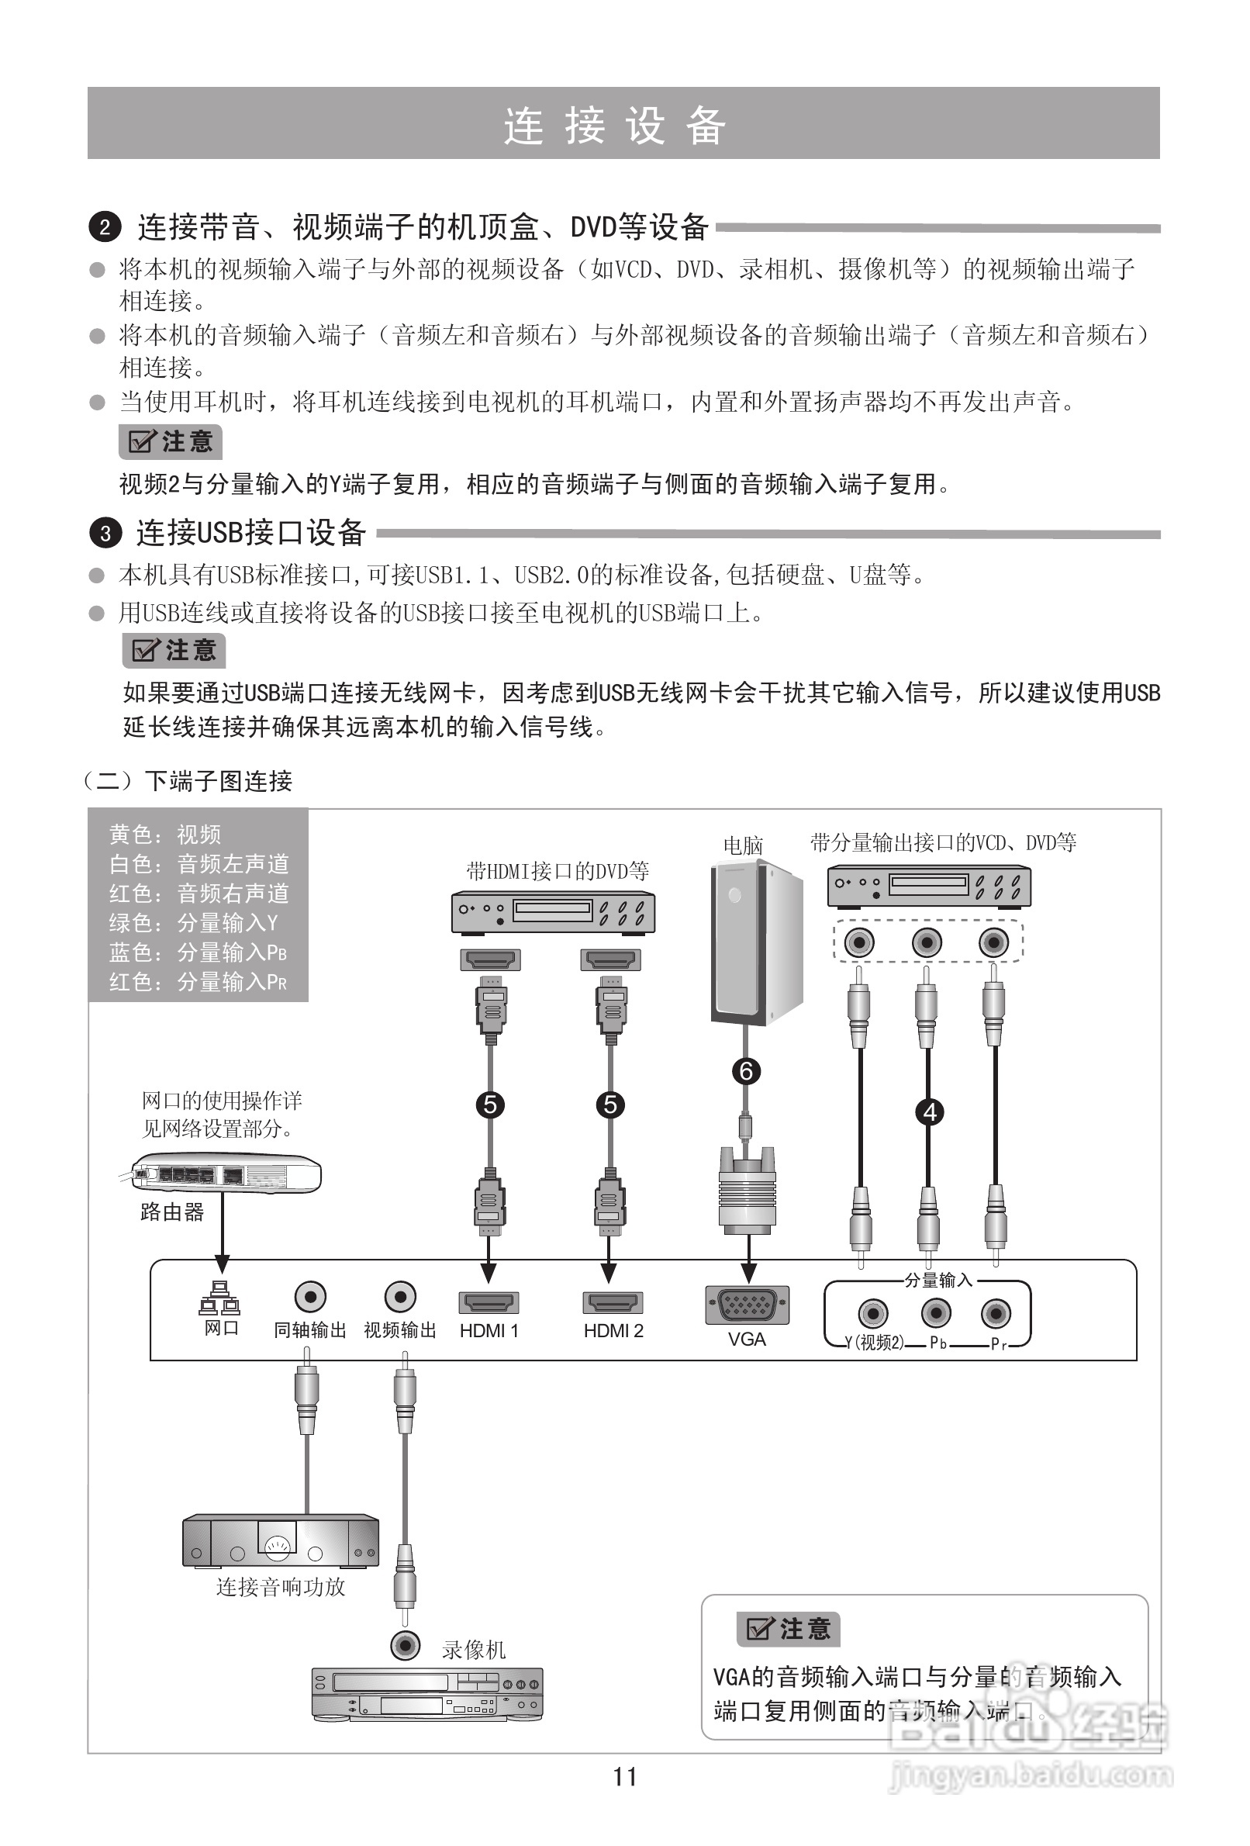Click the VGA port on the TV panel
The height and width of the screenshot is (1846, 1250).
(748, 1305)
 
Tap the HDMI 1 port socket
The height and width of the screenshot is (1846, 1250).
(489, 1303)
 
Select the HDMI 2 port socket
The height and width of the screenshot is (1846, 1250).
(613, 1303)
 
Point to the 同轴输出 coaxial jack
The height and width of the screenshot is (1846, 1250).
(309, 1297)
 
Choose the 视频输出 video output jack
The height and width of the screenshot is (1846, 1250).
(400, 1297)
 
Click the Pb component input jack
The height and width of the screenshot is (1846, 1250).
(936, 1312)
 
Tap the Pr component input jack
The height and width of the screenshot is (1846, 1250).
(996, 1312)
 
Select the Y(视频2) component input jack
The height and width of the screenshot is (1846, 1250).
(873, 1312)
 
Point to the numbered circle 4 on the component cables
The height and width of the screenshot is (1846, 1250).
(930, 1112)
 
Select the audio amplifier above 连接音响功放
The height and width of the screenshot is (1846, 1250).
(281, 1540)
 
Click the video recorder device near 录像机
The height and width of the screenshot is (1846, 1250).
(427, 1693)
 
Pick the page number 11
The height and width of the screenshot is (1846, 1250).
(625, 1777)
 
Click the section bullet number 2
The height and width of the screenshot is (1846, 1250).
(105, 228)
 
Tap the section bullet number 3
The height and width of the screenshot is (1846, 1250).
(105, 533)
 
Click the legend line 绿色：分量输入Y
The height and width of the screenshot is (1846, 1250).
(194, 923)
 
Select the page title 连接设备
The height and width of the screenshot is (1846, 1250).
(615, 126)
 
